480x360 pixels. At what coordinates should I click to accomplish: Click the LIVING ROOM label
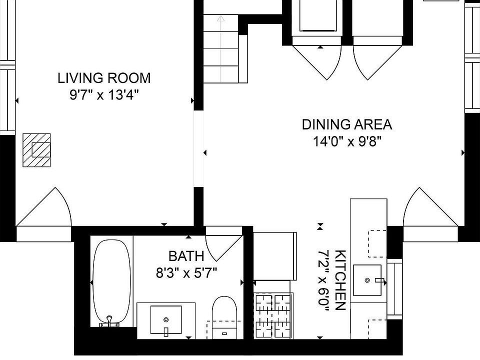click(x=104, y=78)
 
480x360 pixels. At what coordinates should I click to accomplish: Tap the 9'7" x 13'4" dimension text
click(x=104, y=95)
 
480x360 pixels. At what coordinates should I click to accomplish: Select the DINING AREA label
click(x=347, y=124)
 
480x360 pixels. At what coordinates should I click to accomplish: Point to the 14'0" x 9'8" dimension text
click(x=347, y=141)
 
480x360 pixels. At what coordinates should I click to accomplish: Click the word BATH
click(x=186, y=256)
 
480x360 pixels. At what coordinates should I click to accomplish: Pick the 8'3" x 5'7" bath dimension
click(x=186, y=273)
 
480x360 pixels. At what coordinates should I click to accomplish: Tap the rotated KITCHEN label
click(x=340, y=280)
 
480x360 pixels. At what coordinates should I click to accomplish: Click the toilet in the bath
click(x=224, y=317)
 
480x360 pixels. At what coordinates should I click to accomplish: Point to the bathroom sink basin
click(x=166, y=320)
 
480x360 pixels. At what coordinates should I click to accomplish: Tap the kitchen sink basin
click(x=367, y=280)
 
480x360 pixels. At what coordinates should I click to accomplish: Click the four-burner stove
click(x=273, y=316)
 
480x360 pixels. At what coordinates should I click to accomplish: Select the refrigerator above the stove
click(x=275, y=256)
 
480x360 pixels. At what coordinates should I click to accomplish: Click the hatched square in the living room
click(x=36, y=150)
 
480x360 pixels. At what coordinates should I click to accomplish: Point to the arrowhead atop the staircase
click(x=220, y=18)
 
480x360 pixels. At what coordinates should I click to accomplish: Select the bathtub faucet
click(x=109, y=321)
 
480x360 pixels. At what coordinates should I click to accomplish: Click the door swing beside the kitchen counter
click(x=430, y=207)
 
